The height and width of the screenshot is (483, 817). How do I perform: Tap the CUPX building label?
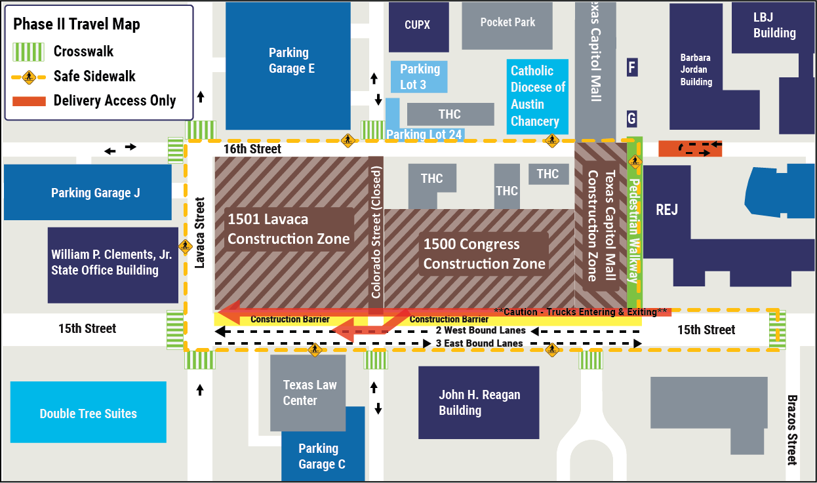coord(418,25)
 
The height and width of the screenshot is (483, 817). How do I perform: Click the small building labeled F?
coord(632,67)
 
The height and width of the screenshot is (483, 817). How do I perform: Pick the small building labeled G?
coord(632,119)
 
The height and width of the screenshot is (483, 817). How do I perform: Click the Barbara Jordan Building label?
coord(695,69)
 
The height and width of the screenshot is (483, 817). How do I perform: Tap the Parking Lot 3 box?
coord(420,77)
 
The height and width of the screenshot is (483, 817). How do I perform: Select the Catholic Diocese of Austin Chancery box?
coord(538,96)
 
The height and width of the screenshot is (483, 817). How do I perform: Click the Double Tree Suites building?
coord(88,413)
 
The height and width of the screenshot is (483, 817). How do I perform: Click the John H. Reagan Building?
coord(479,402)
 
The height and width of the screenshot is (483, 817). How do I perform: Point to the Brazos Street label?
coord(791,429)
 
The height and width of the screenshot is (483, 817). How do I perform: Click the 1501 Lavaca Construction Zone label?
coord(289,229)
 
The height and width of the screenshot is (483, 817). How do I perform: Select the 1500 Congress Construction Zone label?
coord(484,254)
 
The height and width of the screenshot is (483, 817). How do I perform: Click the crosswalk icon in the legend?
coord(28,51)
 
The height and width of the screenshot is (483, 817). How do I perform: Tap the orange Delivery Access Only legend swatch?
coord(28,100)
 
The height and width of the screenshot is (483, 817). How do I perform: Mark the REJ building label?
coord(667,210)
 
